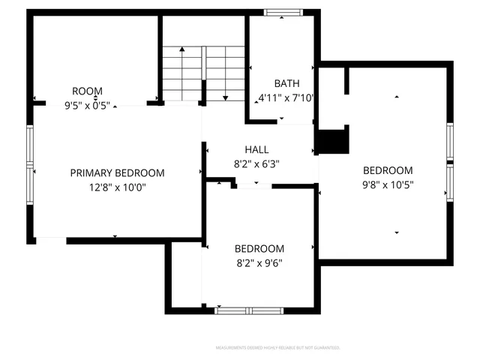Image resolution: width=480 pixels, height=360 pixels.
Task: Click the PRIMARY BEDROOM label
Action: (117, 172)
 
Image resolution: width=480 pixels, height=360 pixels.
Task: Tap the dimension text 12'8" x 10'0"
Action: (117, 187)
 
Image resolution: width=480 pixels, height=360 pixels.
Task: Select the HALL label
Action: (256, 150)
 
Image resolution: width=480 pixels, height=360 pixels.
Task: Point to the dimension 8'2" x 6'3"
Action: (256, 163)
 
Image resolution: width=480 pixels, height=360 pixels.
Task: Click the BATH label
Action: (286, 83)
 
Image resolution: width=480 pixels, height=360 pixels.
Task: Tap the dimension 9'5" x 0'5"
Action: (88, 106)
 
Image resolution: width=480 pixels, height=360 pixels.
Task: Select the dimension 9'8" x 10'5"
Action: (388, 184)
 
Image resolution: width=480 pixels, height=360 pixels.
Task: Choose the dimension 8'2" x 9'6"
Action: (259, 262)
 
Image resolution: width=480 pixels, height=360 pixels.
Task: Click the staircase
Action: (205, 73)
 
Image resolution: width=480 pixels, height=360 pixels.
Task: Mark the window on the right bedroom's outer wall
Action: (450, 163)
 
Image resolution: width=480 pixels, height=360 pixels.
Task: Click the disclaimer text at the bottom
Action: (278, 348)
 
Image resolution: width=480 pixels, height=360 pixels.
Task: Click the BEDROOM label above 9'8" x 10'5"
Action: (388, 170)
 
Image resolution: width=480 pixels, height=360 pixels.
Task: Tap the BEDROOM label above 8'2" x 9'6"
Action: (259, 249)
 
